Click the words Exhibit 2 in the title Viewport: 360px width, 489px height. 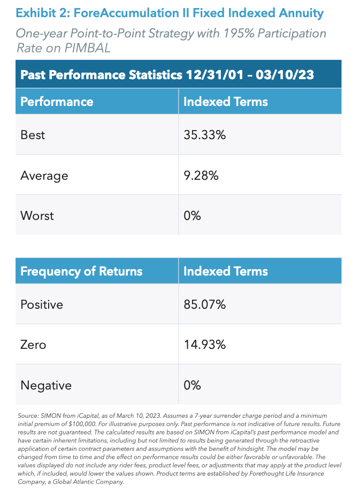(x=39, y=12)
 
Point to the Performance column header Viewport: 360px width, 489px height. (x=57, y=101)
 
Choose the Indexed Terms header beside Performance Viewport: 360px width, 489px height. (x=225, y=101)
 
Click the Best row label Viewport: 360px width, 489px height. (x=33, y=135)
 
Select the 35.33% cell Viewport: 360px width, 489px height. (x=204, y=135)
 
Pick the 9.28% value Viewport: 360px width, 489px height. (x=201, y=175)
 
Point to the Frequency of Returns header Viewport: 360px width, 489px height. (x=81, y=271)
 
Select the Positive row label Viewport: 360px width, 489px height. (x=42, y=304)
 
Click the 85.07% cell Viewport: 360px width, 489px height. (x=204, y=304)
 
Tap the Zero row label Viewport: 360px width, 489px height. (x=33, y=345)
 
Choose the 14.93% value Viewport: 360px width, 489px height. (x=204, y=345)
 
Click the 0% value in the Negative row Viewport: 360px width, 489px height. (x=192, y=385)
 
